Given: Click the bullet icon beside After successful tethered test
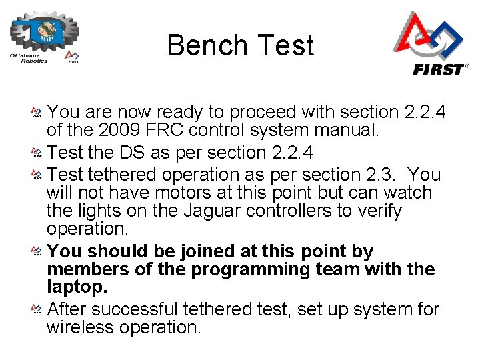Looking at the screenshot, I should pos(37,310).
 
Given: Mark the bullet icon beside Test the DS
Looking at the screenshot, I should pos(37,153).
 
